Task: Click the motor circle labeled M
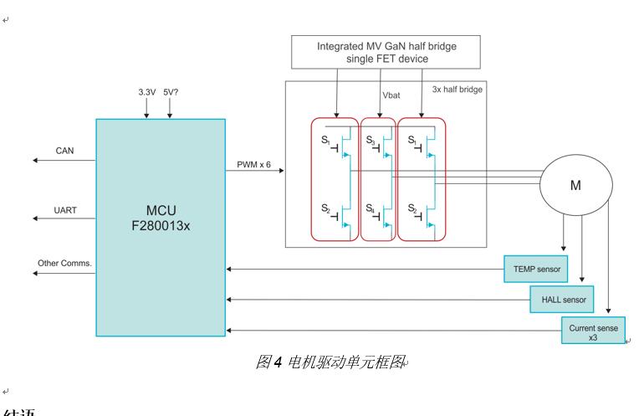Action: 575,186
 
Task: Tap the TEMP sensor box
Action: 534,269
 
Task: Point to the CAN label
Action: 65,151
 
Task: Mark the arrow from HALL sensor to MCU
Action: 376,298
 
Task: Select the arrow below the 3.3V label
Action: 147,109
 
